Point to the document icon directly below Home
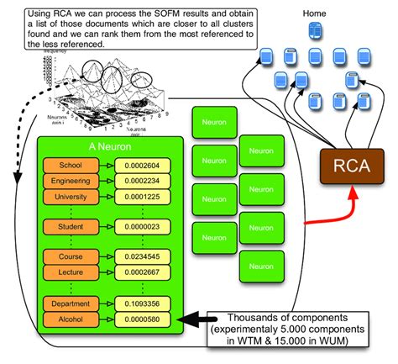click(314, 32)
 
